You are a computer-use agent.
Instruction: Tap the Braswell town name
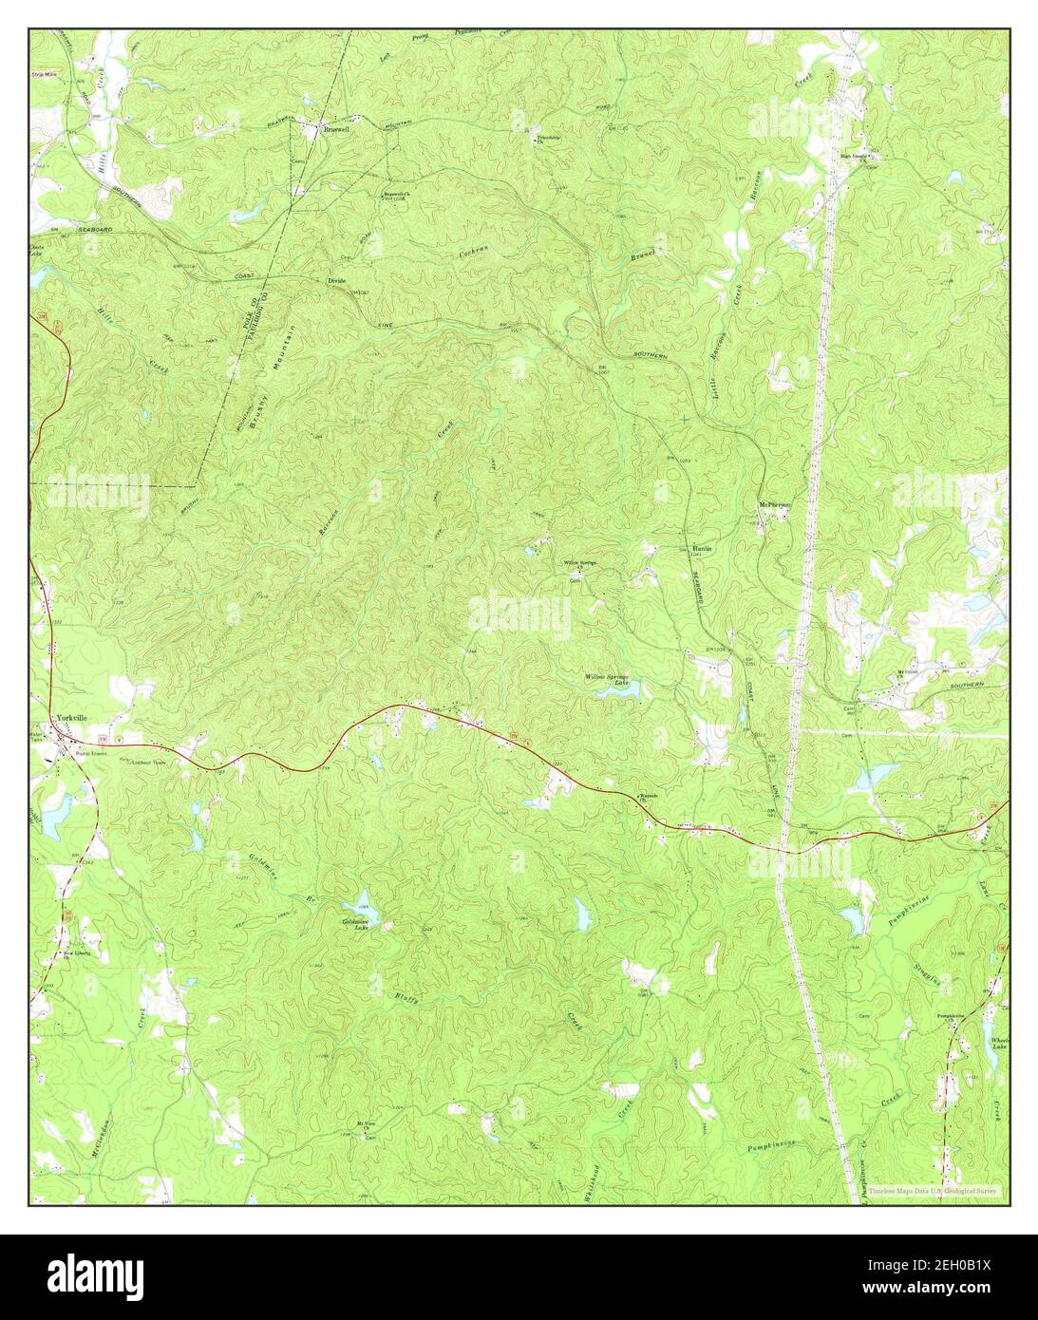click(336, 130)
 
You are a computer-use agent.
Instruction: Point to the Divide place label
click(336, 281)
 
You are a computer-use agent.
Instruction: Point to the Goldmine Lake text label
click(354, 924)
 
